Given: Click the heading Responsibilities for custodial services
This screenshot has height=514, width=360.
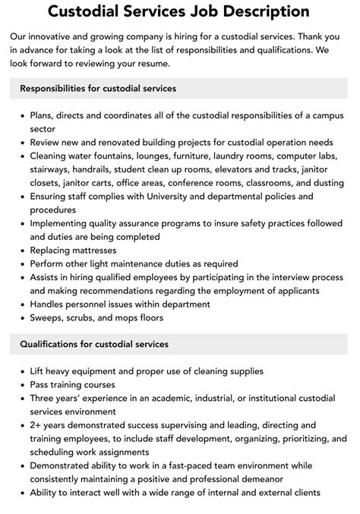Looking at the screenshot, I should click(x=98, y=89).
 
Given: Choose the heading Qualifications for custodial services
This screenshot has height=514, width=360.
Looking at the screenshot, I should click(x=94, y=344).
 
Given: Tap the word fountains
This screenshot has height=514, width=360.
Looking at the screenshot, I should click(x=123, y=156).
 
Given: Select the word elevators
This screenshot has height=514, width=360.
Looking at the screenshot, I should click(x=241, y=169).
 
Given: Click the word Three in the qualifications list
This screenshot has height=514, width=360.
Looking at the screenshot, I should click(x=45, y=399).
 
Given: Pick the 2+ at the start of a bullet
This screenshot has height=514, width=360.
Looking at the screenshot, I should click(x=37, y=426).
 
